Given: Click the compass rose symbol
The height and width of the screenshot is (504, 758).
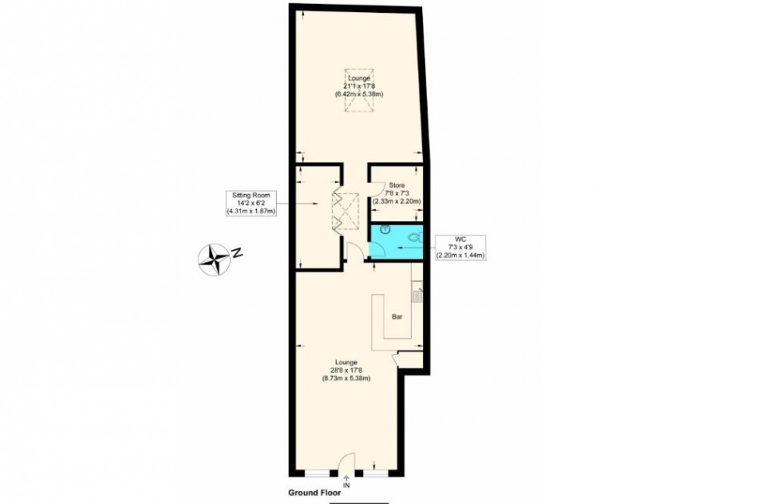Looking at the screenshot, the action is tap(214, 260).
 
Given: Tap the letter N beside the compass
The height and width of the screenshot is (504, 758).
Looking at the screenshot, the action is tap(236, 252).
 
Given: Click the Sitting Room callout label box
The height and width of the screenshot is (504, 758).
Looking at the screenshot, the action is tap(251, 204).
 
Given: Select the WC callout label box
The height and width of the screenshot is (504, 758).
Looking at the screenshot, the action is tap(460, 248).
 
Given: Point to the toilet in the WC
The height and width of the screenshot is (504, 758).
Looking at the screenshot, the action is tap(415, 237).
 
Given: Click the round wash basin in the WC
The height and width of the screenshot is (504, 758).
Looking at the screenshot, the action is tap(385, 229).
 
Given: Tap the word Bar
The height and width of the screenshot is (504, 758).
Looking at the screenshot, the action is tap(397, 317).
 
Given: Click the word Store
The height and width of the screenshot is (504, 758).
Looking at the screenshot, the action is tap(397, 185).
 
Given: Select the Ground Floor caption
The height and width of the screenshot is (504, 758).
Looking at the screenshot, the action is tap(314, 493).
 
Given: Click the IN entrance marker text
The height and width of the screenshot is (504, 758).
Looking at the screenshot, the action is tap(346, 485).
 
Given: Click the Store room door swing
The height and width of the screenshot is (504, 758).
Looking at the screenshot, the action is tap(377, 189).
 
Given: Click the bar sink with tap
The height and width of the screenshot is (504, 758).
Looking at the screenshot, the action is tap(417, 293).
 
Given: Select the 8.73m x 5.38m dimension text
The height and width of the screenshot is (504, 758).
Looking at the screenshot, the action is tap(346, 379).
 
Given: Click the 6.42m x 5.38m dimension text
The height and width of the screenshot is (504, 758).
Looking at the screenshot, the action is tap(359, 94).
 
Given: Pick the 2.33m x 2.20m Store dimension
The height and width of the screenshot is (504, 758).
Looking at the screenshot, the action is tap(397, 201).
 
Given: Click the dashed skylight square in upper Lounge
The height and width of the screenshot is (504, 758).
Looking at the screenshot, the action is tap(359, 91).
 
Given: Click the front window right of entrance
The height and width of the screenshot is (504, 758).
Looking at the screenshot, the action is tap(376, 473).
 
